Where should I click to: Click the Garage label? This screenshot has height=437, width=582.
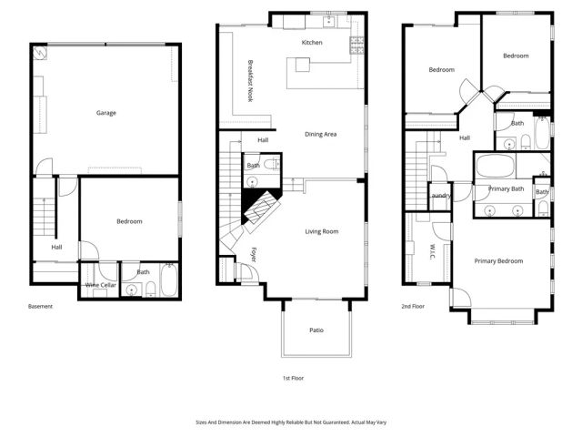(106, 113)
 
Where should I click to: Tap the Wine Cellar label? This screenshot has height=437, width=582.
(100, 285)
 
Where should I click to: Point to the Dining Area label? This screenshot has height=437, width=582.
(320, 134)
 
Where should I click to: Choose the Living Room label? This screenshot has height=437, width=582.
(321, 231)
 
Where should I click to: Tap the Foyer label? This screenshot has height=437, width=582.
(255, 255)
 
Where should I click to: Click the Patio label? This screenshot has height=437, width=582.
(316, 330)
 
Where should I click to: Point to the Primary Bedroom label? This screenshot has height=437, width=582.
(498, 261)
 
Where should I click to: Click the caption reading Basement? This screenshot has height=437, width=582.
(40, 307)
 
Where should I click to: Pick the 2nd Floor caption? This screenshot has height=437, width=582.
(413, 307)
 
